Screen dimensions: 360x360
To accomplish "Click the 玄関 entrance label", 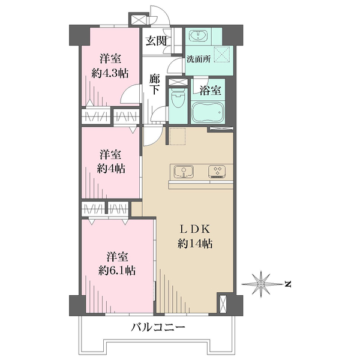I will pos(155,41).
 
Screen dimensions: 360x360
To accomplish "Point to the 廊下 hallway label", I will pos(155,84).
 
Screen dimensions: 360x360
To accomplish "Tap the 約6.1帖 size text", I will pos(117,270).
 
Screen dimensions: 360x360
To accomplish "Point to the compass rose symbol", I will pos(262,283).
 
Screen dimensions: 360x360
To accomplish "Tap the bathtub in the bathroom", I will pos(208,112).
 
